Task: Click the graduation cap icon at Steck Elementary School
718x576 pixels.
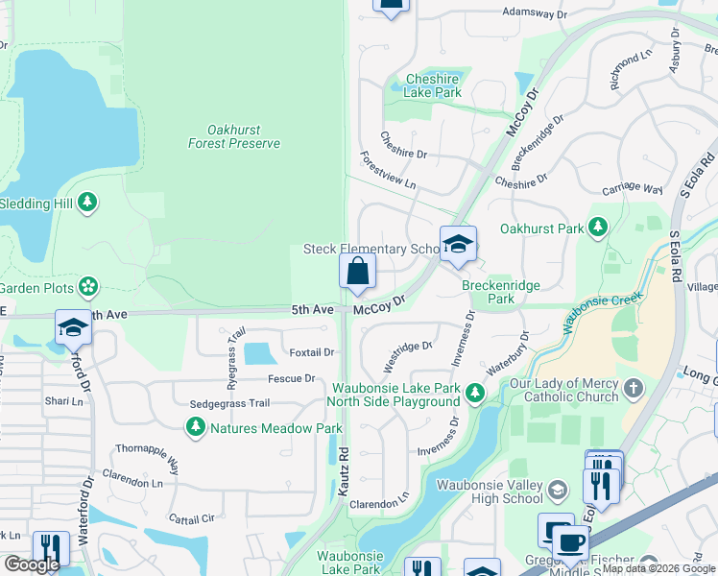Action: click(458, 246)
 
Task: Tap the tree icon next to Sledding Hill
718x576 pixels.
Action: click(87, 203)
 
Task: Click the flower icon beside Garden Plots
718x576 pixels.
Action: click(87, 286)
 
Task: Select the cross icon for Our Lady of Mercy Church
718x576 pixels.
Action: click(632, 389)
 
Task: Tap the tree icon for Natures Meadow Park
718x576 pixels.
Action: click(196, 427)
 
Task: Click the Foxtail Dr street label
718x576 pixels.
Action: click(310, 352)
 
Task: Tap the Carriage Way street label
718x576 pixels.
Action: click(632, 190)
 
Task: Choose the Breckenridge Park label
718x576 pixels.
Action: click(501, 292)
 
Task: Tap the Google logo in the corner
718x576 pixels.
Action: click(32, 564)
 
